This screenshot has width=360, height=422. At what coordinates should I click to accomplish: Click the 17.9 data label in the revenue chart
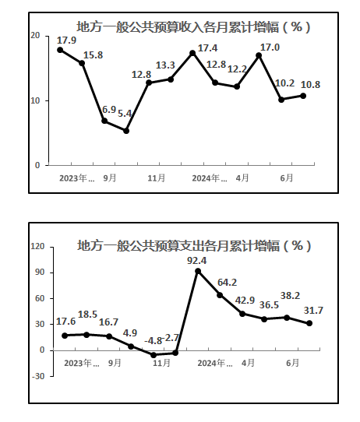point(66,40)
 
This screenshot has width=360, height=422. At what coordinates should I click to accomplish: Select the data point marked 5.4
point(126,131)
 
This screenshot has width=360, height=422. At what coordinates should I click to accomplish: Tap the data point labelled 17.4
point(192,53)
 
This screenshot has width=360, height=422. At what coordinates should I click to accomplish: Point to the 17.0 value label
point(270,47)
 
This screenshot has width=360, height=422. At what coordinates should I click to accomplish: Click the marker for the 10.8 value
point(303,96)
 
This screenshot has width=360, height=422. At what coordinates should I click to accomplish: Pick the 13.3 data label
point(165,65)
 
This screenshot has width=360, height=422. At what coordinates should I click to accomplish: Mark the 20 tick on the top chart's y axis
point(35,36)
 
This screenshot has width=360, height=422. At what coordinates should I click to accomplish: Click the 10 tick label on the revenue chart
point(35,100)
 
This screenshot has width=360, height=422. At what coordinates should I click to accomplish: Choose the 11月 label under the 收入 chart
point(156,178)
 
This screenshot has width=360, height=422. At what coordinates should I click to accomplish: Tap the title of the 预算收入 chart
point(193,27)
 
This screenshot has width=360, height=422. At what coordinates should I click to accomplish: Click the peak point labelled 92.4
point(198,271)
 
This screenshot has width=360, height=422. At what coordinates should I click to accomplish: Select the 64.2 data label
point(227,283)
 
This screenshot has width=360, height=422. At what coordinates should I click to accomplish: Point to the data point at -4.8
point(154,355)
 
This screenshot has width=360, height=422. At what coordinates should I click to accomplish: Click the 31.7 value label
point(313,311)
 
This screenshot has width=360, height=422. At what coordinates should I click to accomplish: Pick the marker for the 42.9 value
point(242,314)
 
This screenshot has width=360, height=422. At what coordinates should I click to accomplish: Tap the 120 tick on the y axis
point(37,246)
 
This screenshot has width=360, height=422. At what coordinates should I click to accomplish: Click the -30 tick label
point(38,376)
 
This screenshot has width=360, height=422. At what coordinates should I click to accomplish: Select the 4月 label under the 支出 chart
point(248,363)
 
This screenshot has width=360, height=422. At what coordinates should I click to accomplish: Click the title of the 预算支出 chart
point(194,245)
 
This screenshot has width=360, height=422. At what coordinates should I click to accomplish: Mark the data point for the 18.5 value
point(86,335)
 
